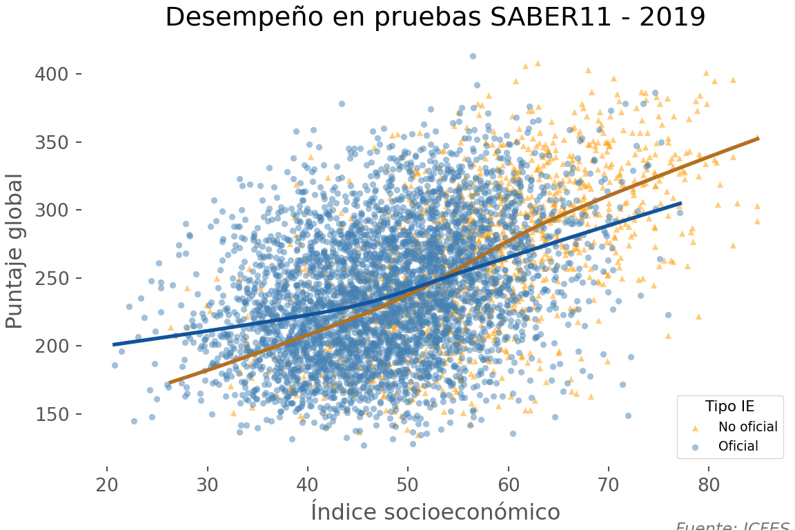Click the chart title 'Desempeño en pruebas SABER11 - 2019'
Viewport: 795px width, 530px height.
pos(435,17)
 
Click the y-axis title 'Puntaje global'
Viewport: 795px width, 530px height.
pos(15,251)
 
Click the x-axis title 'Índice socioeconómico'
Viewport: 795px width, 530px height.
pos(435,511)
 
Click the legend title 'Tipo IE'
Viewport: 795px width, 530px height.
pos(729,406)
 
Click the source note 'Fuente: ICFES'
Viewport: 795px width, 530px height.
pos(732,526)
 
